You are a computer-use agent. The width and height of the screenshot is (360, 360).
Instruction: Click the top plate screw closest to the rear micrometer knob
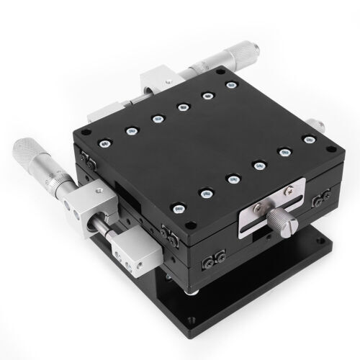231,86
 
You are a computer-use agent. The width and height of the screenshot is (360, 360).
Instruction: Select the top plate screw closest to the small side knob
309,140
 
